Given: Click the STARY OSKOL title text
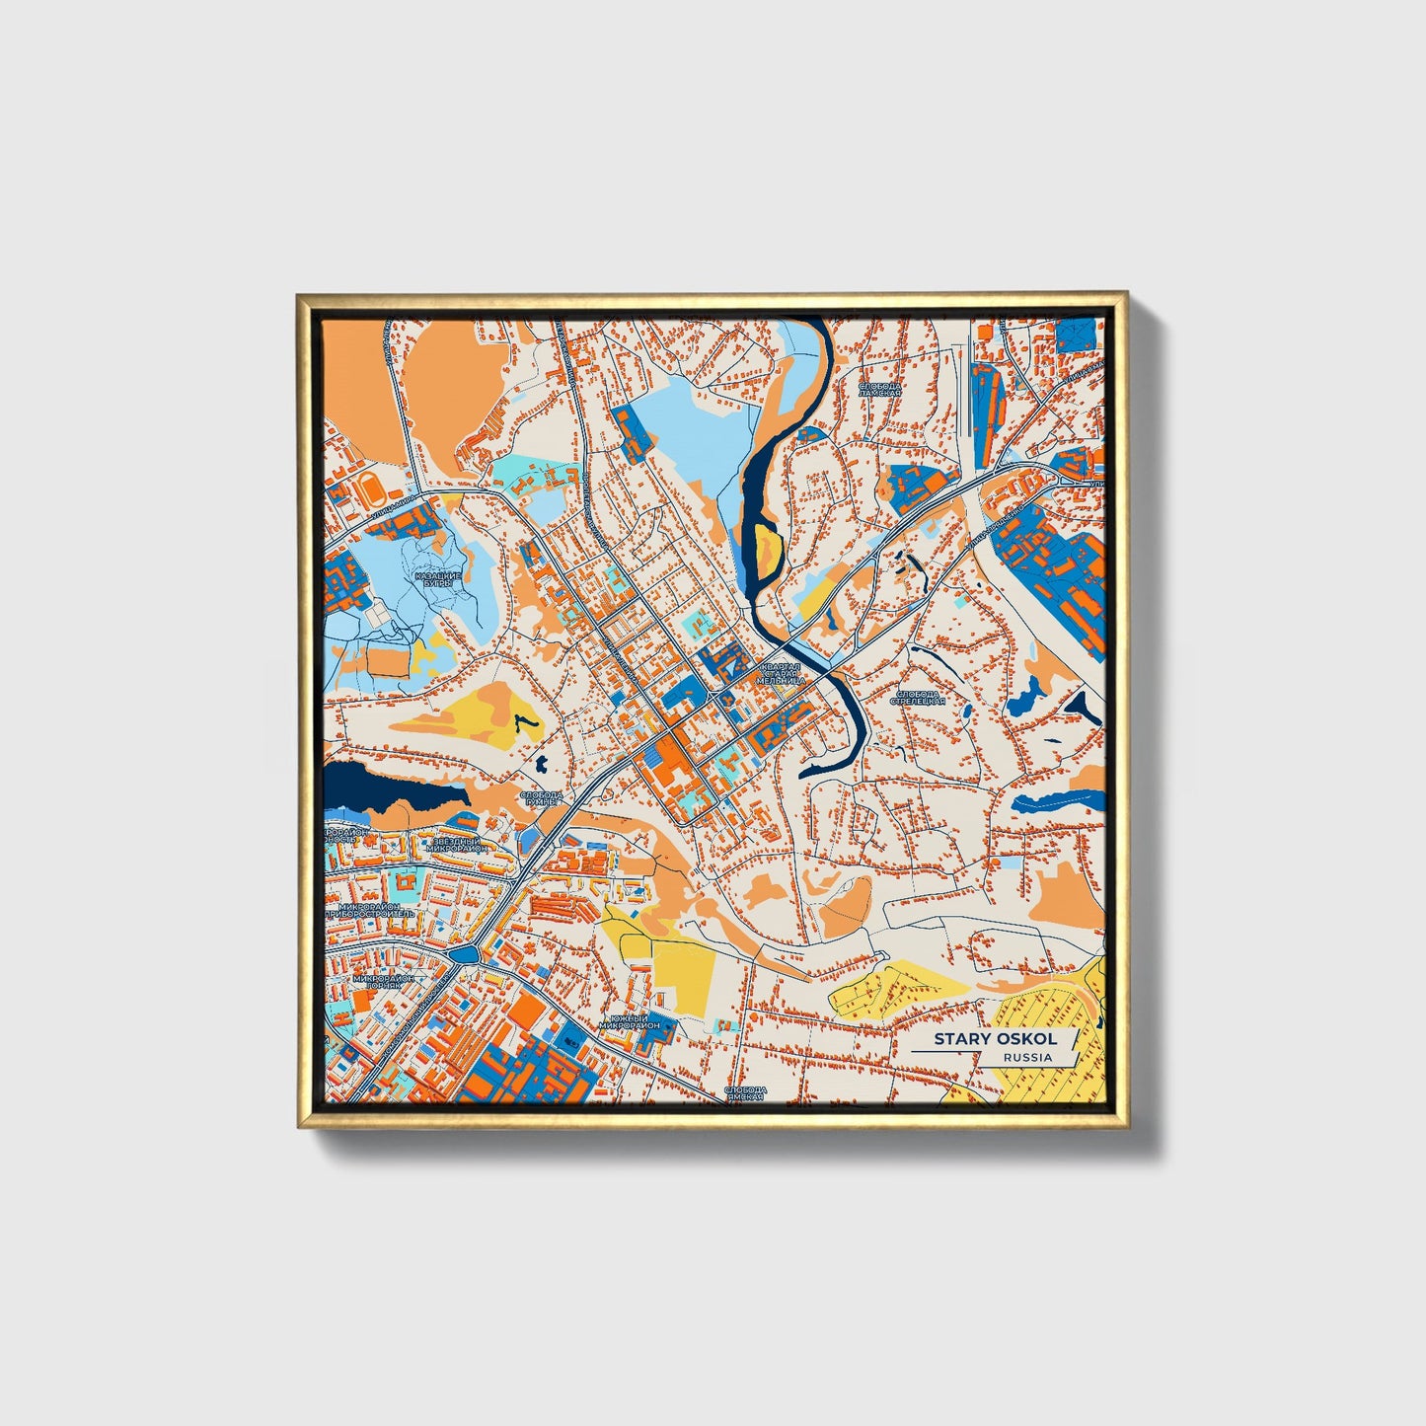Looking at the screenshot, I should click(x=995, y=1038).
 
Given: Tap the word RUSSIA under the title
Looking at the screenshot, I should click(x=1027, y=1057).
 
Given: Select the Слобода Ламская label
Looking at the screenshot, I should click(x=879, y=389).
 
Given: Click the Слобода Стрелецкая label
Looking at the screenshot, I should click(x=918, y=697).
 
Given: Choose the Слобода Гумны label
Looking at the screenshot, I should click(x=541, y=798).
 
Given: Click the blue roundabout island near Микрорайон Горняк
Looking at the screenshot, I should click(x=464, y=954).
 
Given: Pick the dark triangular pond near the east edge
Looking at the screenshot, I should click(x=1083, y=706).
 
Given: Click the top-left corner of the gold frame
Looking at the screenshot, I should click(x=299, y=295).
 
